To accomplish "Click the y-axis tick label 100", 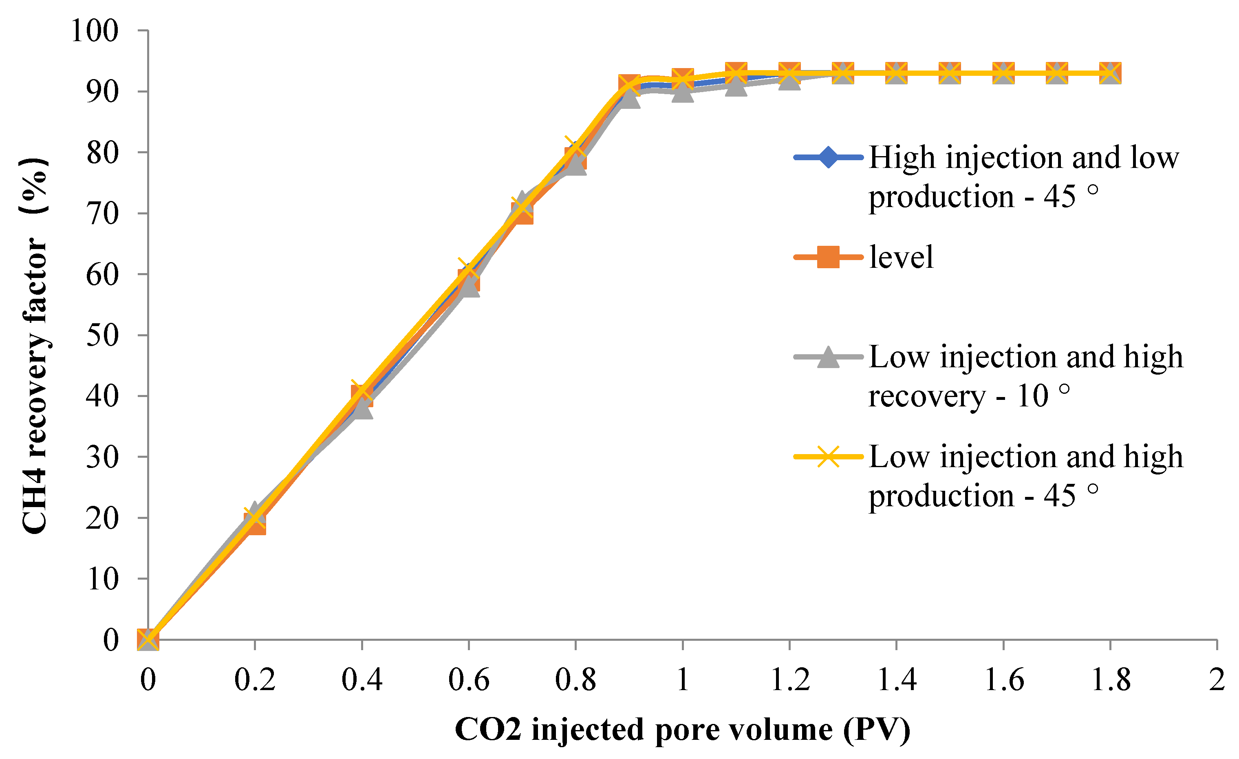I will pos(95,31).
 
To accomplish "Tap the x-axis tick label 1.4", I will pos(897,680).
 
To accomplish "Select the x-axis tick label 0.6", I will pos(469,680).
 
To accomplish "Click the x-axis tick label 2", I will pos(1217,680).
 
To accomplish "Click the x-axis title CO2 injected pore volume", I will pos(682,730).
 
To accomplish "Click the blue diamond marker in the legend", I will pos(828,157).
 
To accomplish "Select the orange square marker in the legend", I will pos(828,257).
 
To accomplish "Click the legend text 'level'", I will pos(901,257).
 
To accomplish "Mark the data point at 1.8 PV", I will pos(1110,73).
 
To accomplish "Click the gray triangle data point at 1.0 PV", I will pos(682,92).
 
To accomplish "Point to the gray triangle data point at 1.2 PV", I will pos(789,80).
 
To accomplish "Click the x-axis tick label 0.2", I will pos(255,680).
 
